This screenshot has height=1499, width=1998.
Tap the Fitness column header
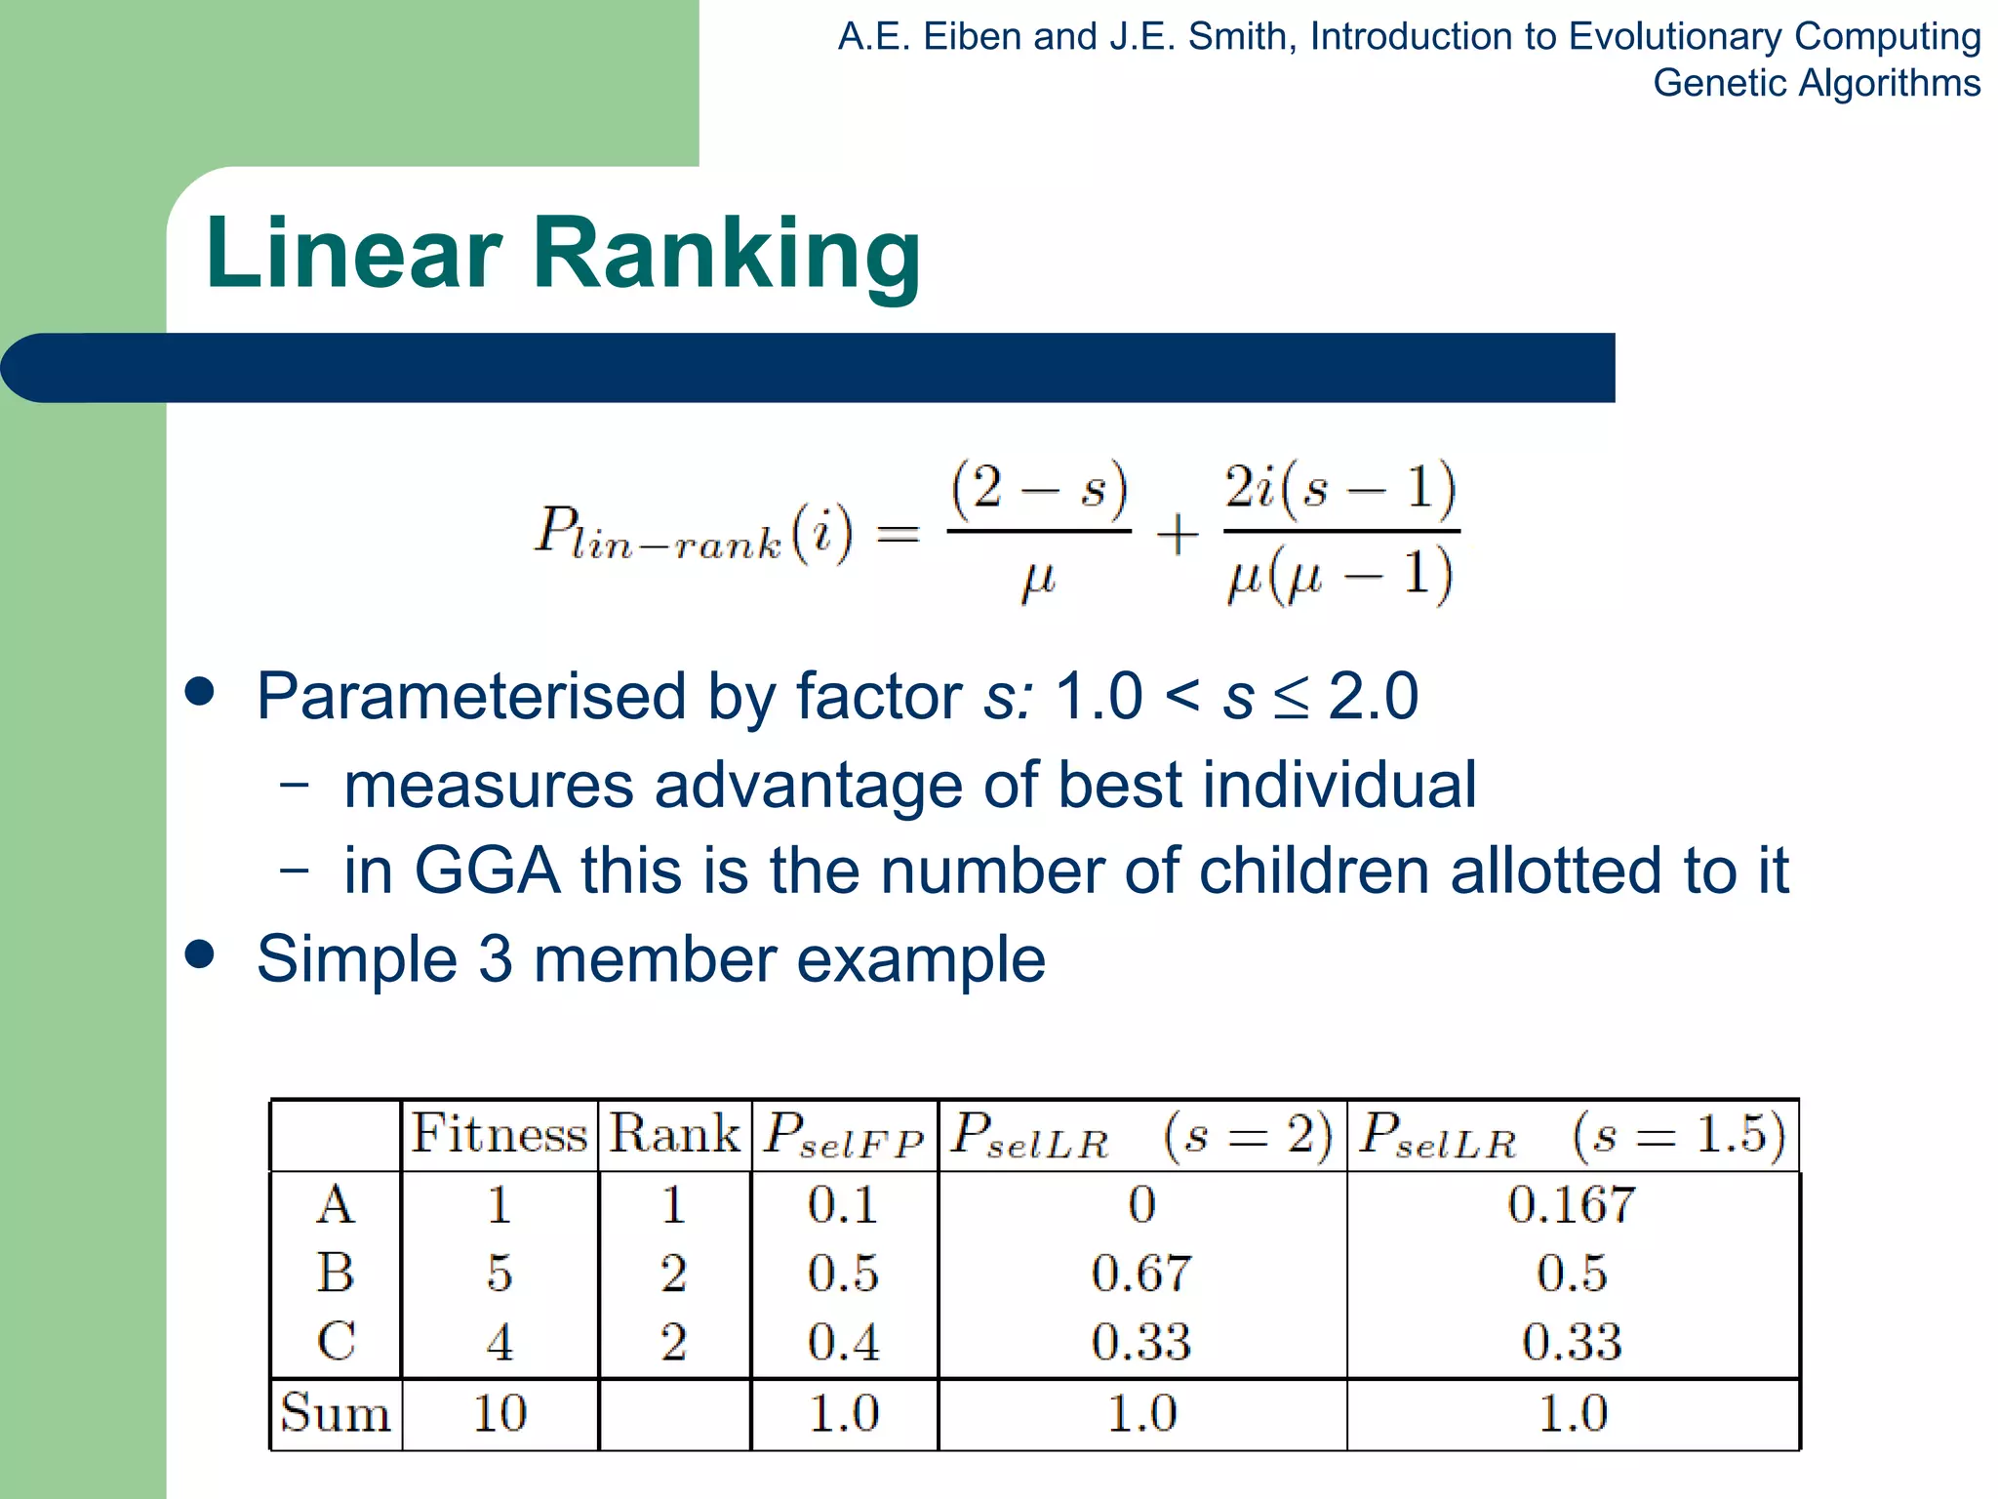499,1134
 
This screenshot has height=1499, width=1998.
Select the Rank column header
674,1134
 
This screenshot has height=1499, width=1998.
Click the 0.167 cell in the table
1571,1204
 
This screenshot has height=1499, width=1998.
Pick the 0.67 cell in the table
1141,1274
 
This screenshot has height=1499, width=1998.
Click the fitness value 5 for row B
499,1274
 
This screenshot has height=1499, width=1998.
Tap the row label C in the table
336,1342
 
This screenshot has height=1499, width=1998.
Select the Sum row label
335,1413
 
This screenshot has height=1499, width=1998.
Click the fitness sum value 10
499,1413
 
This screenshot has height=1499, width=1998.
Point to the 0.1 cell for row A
843,1204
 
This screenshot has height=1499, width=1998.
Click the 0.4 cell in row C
843,1342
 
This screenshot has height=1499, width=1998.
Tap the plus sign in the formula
1178,535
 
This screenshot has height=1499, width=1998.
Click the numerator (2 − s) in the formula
1039,488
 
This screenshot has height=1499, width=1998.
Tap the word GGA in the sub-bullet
487,871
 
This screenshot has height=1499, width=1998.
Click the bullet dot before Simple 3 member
200,953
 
